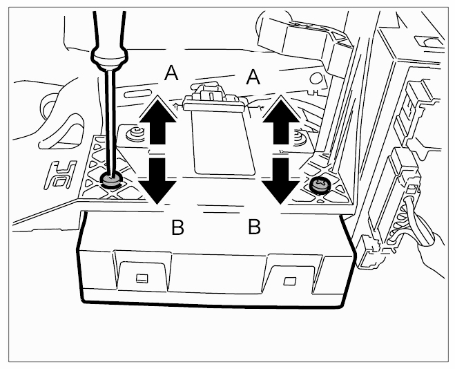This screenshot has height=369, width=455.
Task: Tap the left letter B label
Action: pos(177,227)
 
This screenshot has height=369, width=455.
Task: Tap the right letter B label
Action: pos(254,226)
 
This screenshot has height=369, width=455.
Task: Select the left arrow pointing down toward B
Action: pos(158,180)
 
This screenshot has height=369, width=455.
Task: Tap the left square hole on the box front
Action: pos(142,278)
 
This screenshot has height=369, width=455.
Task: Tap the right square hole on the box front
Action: pos(289,281)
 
